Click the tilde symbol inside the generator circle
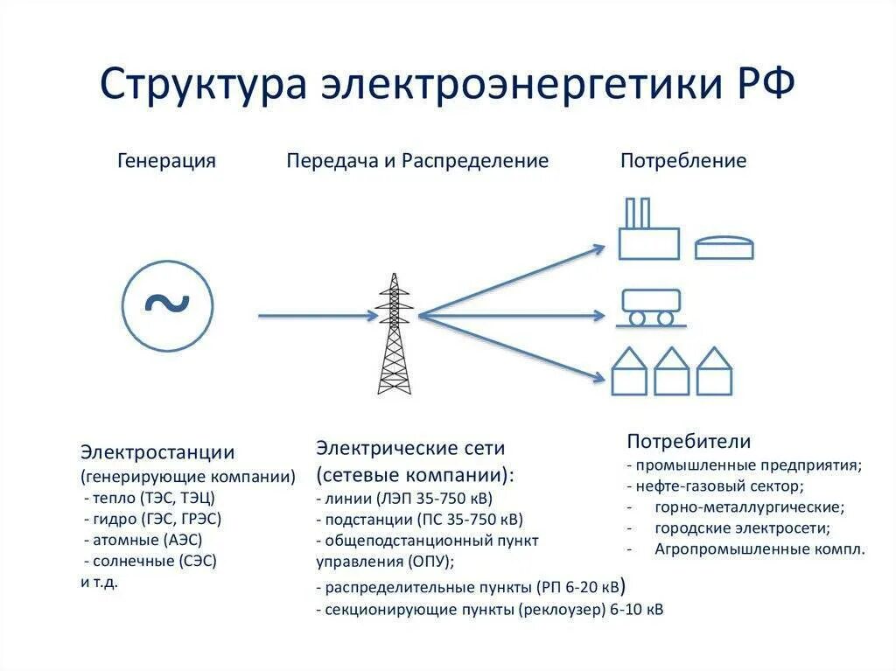click(166, 303)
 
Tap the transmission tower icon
click(394, 334)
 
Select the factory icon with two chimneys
click(648, 233)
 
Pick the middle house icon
click(672, 372)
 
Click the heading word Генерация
click(166, 161)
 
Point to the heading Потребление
click(683, 161)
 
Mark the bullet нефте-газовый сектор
click(716, 486)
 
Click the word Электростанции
click(157, 452)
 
